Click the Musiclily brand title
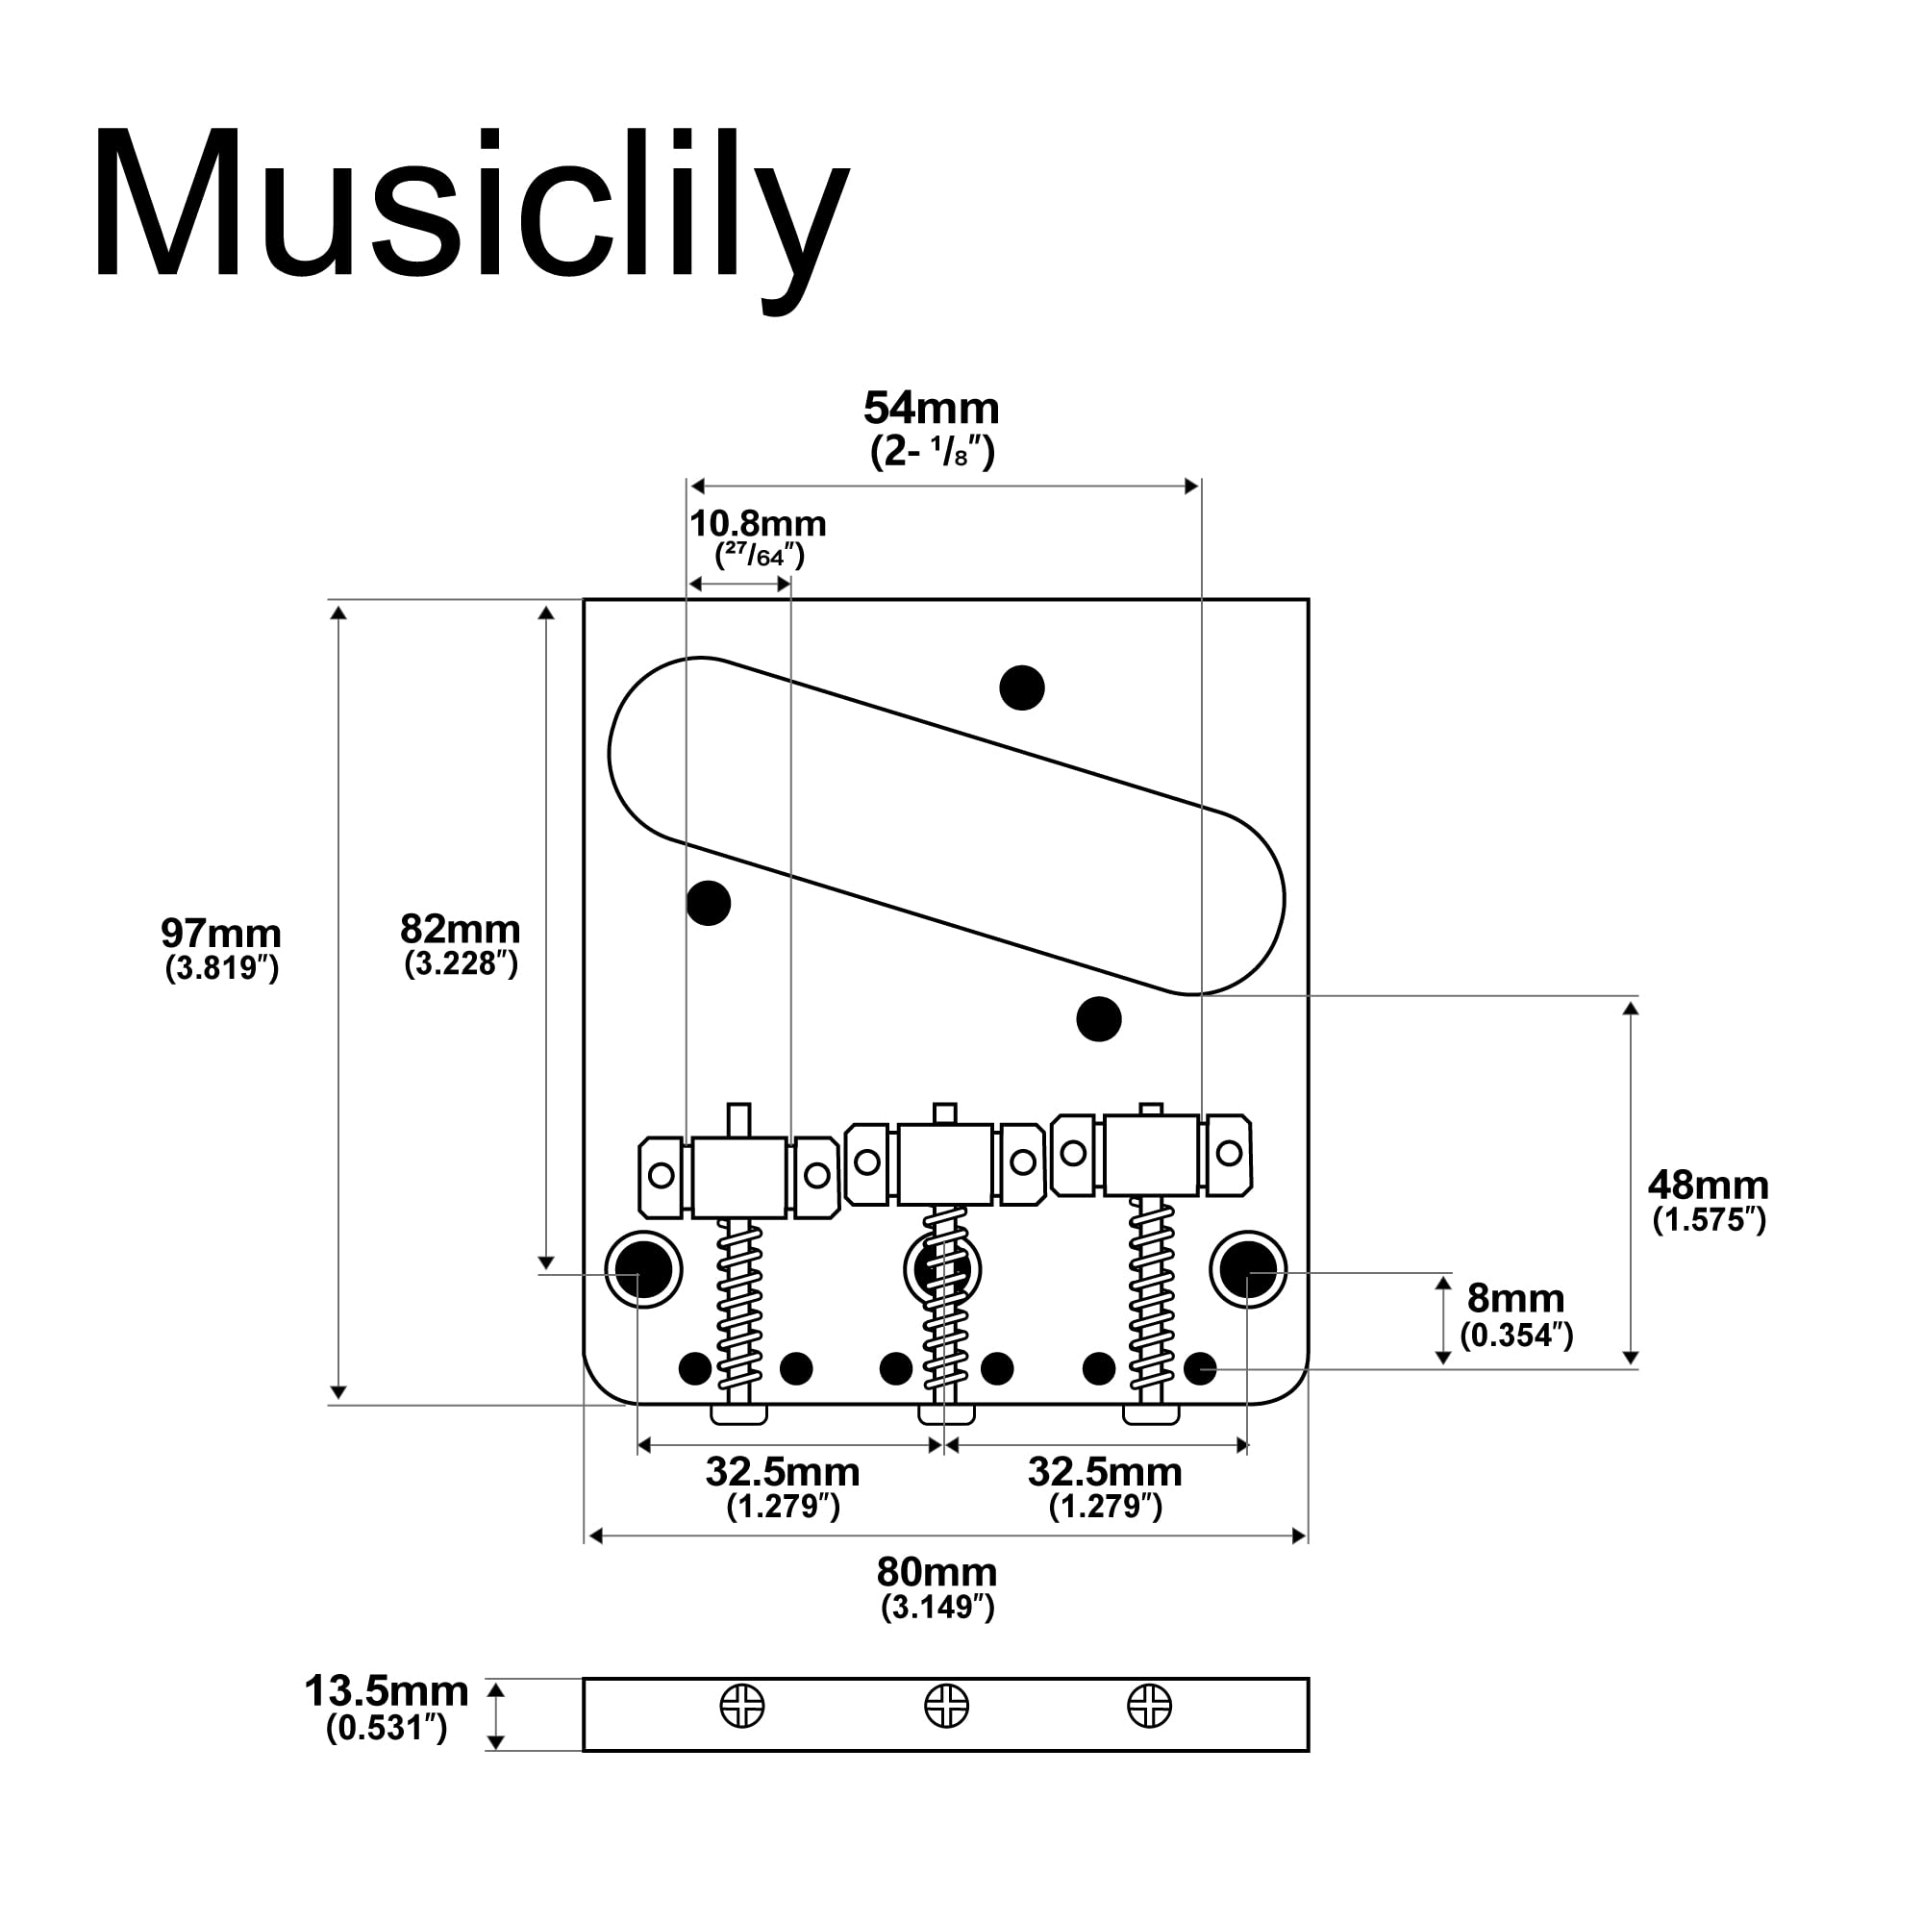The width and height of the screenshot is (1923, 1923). [471, 212]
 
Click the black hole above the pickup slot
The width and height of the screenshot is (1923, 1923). [1021, 687]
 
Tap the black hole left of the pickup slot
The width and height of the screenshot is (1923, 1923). [709, 903]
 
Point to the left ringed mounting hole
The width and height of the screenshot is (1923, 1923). [644, 1270]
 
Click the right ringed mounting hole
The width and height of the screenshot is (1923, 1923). [1248, 1270]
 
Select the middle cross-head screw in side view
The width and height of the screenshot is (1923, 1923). [946, 1705]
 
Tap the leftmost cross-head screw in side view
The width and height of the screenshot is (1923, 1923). [742, 1706]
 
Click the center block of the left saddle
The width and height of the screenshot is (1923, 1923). [738, 1179]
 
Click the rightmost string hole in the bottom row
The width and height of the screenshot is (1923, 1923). [1200, 1368]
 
